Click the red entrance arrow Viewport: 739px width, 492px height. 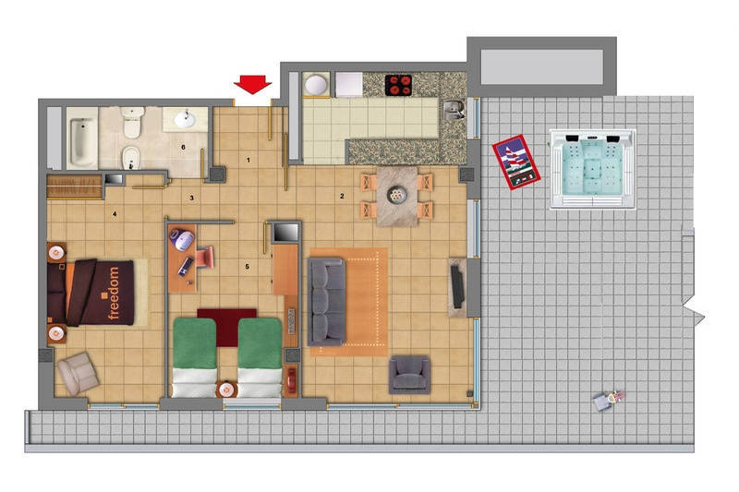point(252,85)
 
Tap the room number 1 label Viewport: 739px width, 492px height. point(248,160)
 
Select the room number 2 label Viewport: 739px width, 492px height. point(342,196)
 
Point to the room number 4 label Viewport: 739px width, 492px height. point(115,214)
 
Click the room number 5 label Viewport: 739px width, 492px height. point(247,267)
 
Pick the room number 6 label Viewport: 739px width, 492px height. point(183,147)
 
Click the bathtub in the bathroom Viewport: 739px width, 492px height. point(82,138)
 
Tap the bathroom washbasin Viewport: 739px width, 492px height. point(185,119)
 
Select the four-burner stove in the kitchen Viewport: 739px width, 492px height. point(398,85)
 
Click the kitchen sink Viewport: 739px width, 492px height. point(453,110)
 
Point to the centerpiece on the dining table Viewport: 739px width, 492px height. point(397,195)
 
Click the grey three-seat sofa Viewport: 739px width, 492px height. point(326,301)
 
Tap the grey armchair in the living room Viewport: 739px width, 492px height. point(409,374)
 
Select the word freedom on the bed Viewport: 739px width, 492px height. point(114,294)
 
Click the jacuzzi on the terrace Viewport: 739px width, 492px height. point(592,170)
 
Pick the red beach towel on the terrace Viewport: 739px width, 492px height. point(516,162)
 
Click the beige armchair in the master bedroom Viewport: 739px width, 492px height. point(78,373)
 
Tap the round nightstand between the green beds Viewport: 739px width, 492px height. point(226,390)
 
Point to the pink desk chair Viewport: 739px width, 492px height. point(204,257)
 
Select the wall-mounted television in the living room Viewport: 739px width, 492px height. point(457,287)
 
